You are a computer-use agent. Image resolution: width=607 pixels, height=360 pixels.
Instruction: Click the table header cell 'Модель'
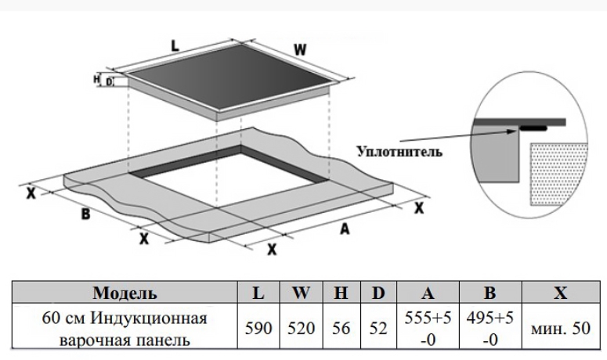click(125, 294)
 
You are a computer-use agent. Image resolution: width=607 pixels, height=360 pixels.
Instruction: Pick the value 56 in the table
click(341, 329)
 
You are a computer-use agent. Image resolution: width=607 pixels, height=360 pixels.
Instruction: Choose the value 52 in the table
click(378, 329)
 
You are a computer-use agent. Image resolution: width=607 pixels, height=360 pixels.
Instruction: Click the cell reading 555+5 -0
click(428, 329)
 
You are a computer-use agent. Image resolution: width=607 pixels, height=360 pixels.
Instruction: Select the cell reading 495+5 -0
click(490, 329)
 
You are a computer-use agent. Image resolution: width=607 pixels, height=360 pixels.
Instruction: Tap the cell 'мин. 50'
click(560, 329)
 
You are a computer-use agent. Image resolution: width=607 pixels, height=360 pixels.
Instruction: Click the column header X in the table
click(560, 294)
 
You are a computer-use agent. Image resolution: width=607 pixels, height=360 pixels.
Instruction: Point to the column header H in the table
click(341, 294)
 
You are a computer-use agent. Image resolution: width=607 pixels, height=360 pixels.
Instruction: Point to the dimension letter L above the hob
click(175, 46)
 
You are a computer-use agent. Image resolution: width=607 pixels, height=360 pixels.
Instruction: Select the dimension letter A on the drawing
click(344, 229)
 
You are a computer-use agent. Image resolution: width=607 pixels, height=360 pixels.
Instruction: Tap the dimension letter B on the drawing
click(86, 213)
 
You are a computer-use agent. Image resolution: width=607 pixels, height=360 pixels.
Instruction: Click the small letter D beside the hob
click(110, 81)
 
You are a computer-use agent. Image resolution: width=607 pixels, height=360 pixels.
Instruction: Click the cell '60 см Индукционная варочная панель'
click(125, 329)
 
